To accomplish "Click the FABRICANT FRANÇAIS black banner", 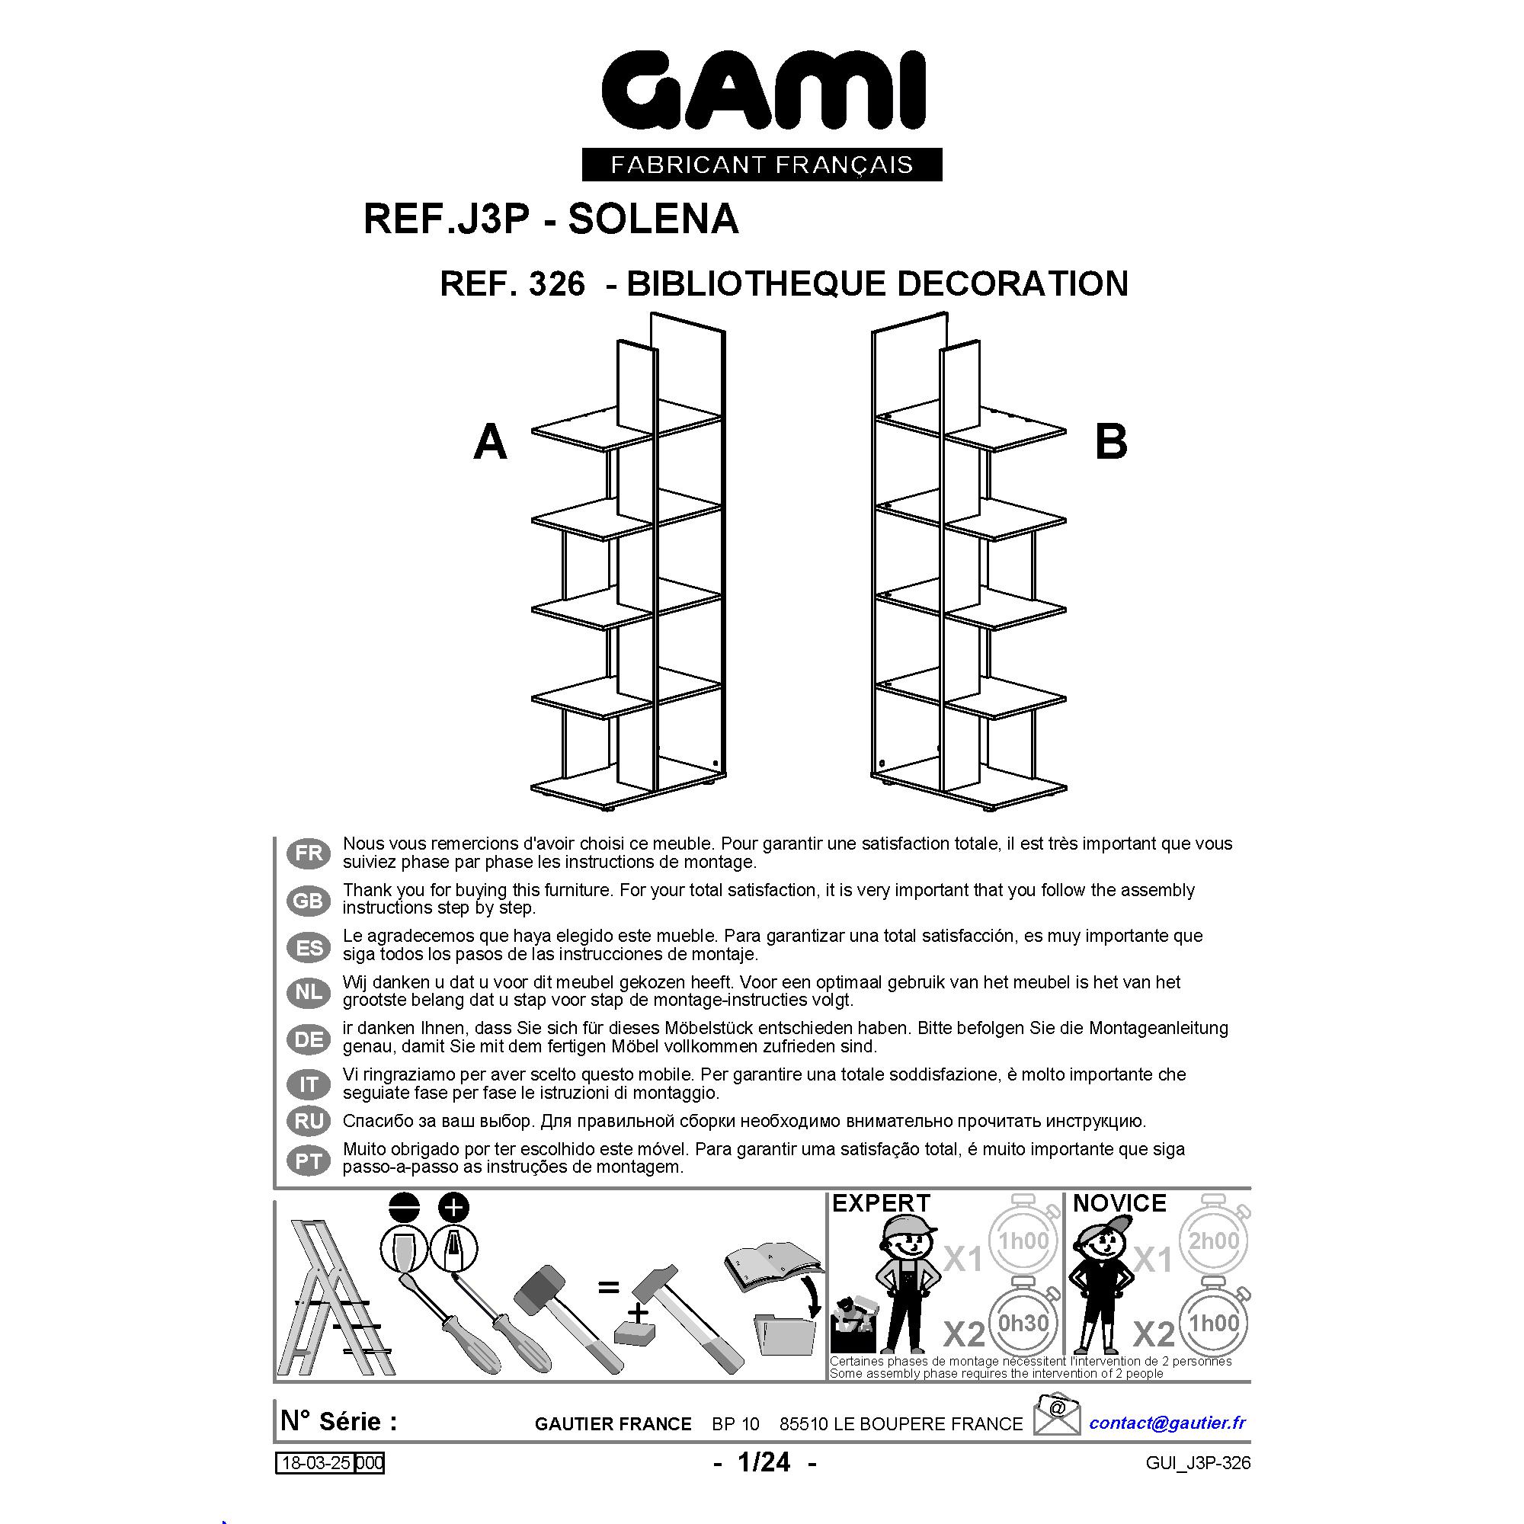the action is click(x=762, y=164).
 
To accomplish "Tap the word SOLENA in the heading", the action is click(x=653, y=219).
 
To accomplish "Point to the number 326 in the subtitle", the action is click(x=557, y=283).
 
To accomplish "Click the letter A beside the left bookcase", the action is click(x=490, y=442).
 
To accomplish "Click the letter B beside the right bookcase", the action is click(x=1111, y=442).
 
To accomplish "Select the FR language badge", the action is click(x=309, y=853).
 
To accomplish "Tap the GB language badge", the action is click(x=309, y=900).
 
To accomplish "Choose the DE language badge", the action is click(x=309, y=1039).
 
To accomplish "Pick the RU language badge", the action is click(x=309, y=1121).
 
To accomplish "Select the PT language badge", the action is click(x=309, y=1161).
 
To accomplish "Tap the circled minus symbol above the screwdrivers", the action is click(x=405, y=1208).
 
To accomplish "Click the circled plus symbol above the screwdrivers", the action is click(x=453, y=1208).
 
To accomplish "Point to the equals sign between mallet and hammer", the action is click(x=608, y=1287).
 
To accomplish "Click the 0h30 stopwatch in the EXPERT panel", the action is click(x=1023, y=1322).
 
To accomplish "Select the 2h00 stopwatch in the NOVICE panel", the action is click(x=1214, y=1239).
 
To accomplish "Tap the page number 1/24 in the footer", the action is click(x=764, y=1462).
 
